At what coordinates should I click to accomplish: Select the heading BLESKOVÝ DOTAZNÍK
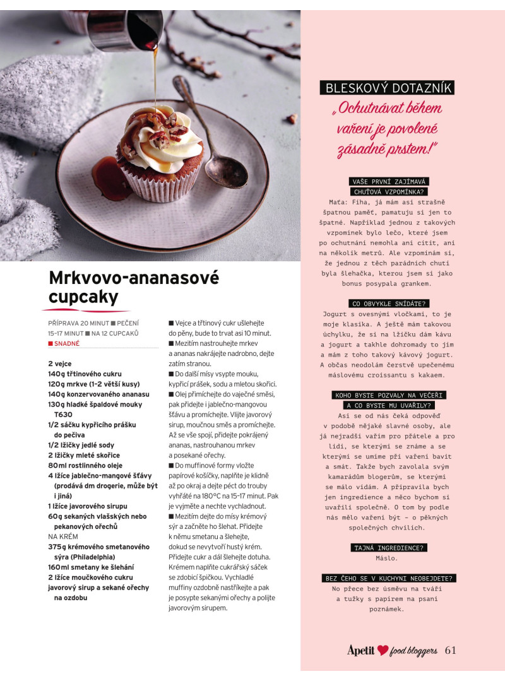coord(387,88)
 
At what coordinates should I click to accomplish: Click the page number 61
coord(450,650)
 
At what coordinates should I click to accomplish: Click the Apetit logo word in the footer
coord(361,650)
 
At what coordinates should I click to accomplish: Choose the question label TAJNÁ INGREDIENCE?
coord(387,547)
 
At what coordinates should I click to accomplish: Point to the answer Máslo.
coord(387,558)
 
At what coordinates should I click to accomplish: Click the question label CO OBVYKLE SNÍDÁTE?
coord(387,303)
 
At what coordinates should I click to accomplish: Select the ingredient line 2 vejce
coord(60,364)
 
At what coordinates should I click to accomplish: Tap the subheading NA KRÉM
coord(63,536)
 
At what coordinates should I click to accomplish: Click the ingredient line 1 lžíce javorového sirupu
coord(88,506)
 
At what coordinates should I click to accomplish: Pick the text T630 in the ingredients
coord(63,414)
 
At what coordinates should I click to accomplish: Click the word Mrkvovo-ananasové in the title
coord(134,278)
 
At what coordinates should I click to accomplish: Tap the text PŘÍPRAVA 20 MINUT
coord(78,323)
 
